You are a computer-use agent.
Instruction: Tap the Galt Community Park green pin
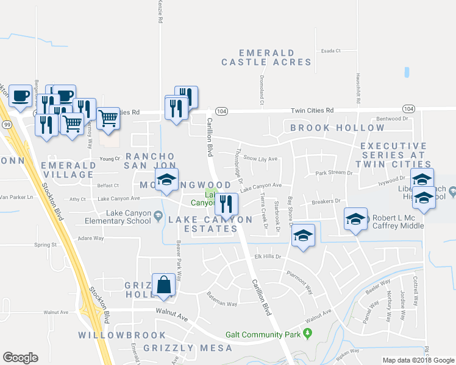coord(308,334)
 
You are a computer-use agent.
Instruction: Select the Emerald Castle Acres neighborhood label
coord(266,58)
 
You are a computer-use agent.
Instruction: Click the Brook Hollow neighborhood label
coord(337,128)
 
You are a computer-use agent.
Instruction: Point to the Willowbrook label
coord(122,335)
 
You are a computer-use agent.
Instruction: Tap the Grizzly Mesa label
coord(188,348)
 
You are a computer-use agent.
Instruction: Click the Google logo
coord(20,358)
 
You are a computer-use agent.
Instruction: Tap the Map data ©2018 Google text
coord(418,360)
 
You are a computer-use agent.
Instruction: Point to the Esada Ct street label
coord(330,50)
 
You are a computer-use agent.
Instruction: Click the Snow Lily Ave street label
coord(260,158)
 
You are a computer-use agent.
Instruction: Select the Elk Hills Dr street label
coord(268,257)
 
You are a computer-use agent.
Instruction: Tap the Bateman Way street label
coord(221,303)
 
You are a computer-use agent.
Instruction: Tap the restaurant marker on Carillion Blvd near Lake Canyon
coord(227,204)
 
